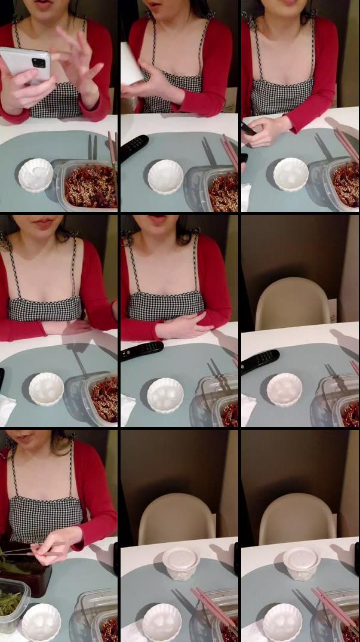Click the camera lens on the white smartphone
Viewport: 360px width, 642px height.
tap(38, 62)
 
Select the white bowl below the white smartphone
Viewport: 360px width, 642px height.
tap(36, 174)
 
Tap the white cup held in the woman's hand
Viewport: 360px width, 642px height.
tap(132, 63)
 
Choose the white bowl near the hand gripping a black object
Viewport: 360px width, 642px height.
tap(291, 174)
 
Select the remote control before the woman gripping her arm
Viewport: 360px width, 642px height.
tap(141, 350)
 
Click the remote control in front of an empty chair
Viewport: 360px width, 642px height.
tap(260, 361)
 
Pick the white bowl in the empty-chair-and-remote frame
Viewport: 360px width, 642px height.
tap(284, 389)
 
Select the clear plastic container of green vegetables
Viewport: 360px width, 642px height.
tap(13, 604)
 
